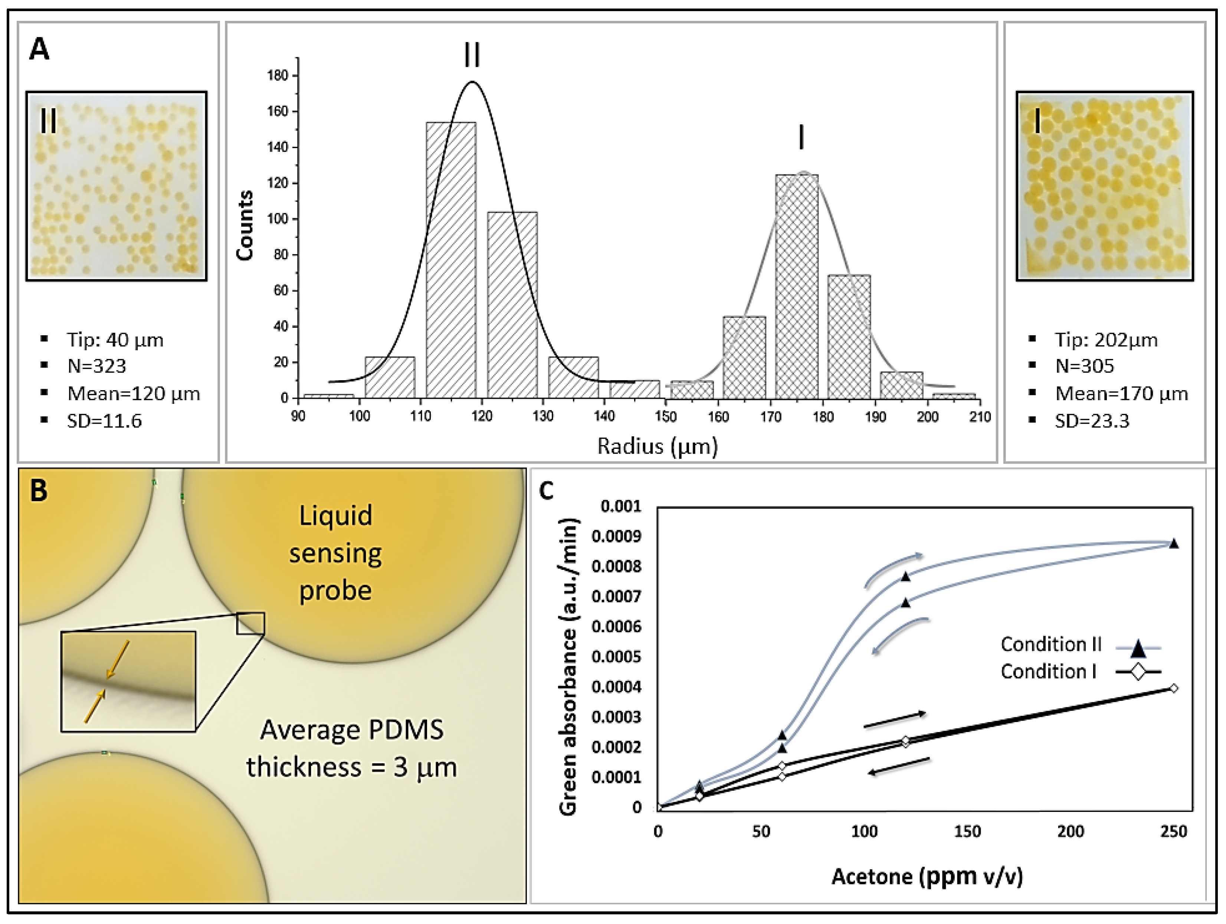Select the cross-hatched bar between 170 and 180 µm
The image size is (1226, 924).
pyautogui.click(x=796, y=287)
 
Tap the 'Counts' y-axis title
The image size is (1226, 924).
pyautogui.click(x=245, y=225)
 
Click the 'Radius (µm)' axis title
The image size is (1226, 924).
pyautogui.click(x=657, y=446)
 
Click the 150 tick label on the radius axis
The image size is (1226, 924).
pyautogui.click(x=666, y=416)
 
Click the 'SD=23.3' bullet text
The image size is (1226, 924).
pyautogui.click(x=1092, y=421)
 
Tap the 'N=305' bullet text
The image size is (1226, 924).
pyautogui.click(x=1085, y=366)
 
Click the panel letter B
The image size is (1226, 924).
pyautogui.click(x=38, y=490)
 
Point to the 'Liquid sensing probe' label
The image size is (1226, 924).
pyautogui.click(x=335, y=553)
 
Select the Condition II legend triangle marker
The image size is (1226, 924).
pyautogui.click(x=1138, y=647)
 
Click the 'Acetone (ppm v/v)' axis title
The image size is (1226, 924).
pyautogui.click(x=927, y=876)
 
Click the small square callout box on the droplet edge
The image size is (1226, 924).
pyautogui.click(x=250, y=623)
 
